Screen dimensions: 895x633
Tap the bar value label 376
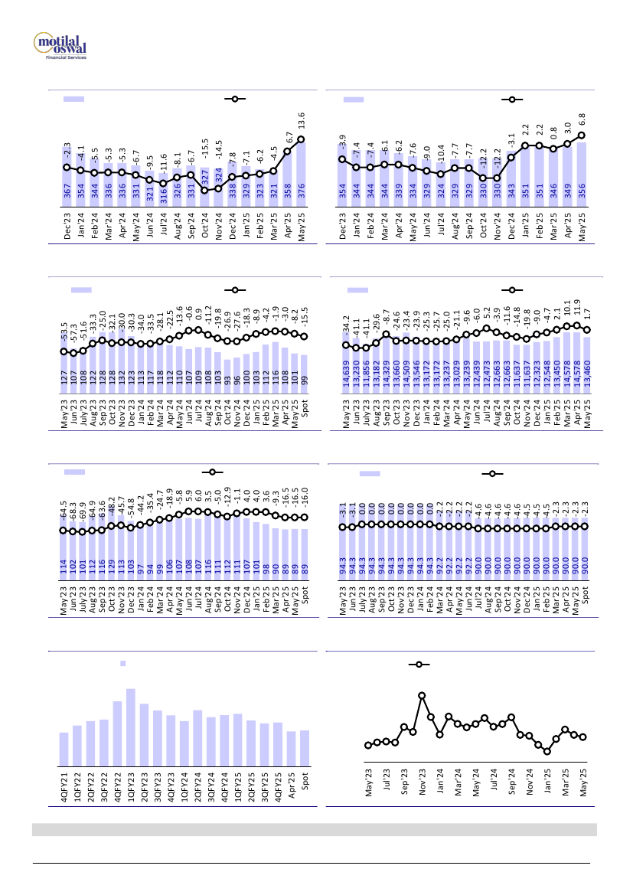(x=301, y=190)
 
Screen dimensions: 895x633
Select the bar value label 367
(x=67, y=190)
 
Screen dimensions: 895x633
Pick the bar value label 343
(x=511, y=191)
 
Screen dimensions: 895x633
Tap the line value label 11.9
(x=575, y=310)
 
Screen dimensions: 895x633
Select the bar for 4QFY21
(x=64, y=749)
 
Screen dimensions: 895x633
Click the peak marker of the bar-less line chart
(x=422, y=695)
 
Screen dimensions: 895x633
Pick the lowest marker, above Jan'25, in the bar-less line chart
(x=547, y=751)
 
